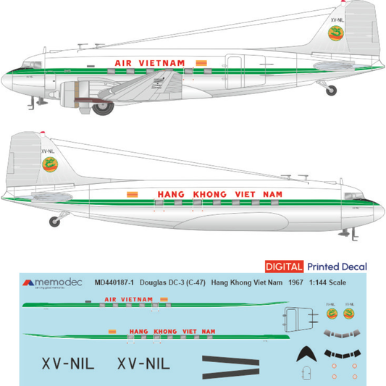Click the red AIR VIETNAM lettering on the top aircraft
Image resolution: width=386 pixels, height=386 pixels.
pos(150,63)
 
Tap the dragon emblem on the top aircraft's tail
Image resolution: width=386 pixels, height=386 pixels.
pos(335,34)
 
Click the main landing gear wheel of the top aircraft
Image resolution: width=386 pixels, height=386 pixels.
pos(104,108)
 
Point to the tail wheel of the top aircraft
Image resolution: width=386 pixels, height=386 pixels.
pos(331,90)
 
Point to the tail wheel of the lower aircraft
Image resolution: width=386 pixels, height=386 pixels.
pos(54,220)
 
